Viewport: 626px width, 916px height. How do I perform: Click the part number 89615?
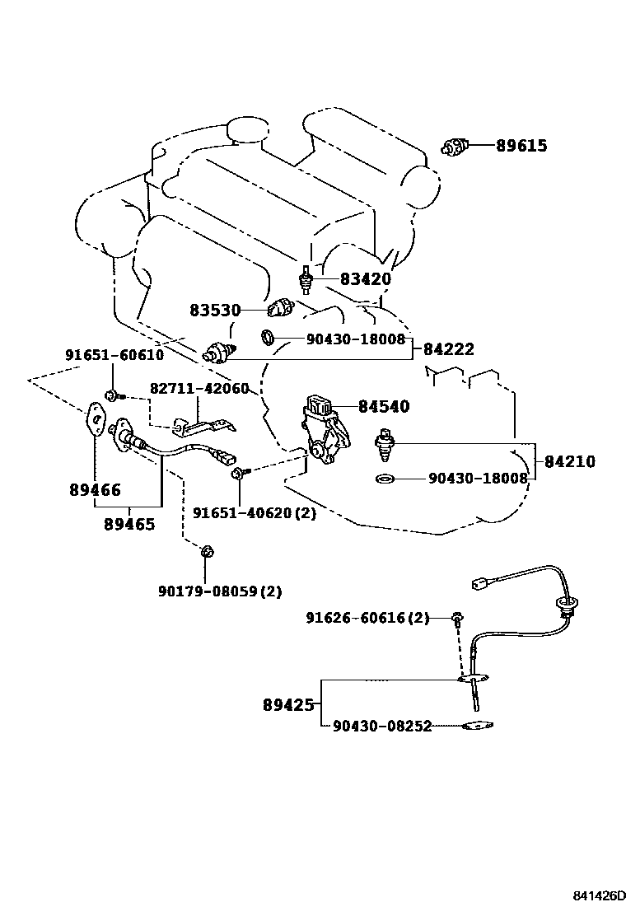tap(521, 146)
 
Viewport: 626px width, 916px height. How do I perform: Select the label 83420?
tap(366, 279)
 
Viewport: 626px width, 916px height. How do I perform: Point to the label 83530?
tap(215, 311)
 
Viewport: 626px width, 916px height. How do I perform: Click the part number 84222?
tap(448, 349)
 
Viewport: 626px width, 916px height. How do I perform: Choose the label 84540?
tap(384, 406)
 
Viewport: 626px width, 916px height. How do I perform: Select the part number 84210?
tap(570, 461)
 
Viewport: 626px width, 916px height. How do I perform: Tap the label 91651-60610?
tap(114, 355)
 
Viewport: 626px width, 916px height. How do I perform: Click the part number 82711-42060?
tap(199, 389)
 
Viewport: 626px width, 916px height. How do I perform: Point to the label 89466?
tap(96, 490)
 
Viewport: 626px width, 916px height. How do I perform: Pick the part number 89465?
tap(129, 525)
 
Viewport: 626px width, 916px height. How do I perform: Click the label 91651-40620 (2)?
tap(255, 513)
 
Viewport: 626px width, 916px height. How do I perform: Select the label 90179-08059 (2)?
tap(220, 591)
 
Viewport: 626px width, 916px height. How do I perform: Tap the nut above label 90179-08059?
tap(207, 551)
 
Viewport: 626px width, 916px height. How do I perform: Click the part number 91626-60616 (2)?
tap(368, 618)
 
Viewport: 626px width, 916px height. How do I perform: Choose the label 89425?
tap(288, 706)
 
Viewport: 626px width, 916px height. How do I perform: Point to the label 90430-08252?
tap(382, 727)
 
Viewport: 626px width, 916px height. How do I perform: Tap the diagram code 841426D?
tap(598, 895)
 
